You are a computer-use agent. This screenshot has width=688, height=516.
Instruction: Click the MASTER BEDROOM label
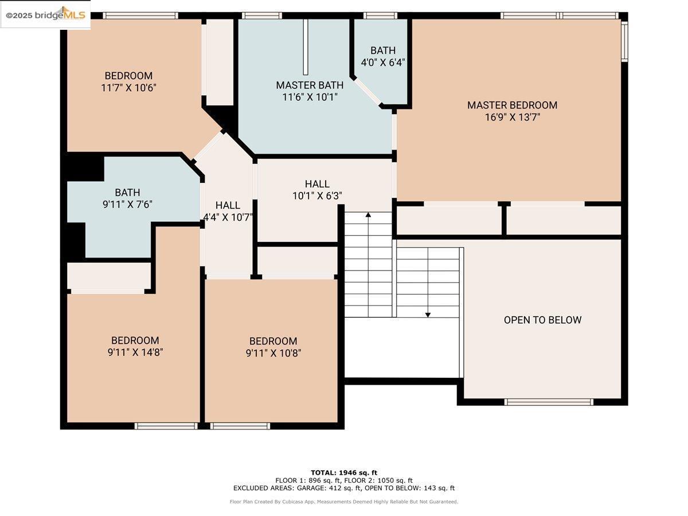[512, 105]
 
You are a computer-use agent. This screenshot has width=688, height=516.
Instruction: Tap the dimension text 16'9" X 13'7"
[512, 118]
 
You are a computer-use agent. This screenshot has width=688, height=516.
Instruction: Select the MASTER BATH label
[310, 85]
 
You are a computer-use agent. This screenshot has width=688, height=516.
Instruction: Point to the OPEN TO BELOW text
[542, 320]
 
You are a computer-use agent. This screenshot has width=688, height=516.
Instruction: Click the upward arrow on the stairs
[368, 216]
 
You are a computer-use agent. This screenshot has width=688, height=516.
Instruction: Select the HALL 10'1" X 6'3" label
[317, 189]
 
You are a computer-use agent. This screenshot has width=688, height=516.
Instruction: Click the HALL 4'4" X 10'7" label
[228, 211]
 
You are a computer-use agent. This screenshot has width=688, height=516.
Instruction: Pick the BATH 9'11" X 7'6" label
[127, 198]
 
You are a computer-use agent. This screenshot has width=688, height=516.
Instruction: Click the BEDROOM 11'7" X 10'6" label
[128, 81]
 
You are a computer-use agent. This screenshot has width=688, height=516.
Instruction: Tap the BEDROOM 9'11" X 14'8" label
[135, 346]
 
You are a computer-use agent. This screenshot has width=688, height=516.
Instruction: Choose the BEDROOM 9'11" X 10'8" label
[273, 347]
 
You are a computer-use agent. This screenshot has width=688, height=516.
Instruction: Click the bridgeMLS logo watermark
[46, 15]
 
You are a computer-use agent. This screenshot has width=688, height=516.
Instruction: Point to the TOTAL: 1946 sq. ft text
[344, 472]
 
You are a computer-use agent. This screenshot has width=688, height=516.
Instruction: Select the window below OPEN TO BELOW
[549, 402]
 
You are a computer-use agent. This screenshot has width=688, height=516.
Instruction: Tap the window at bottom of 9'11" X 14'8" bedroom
[166, 426]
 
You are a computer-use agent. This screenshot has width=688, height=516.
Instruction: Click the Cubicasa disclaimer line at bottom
[344, 502]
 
